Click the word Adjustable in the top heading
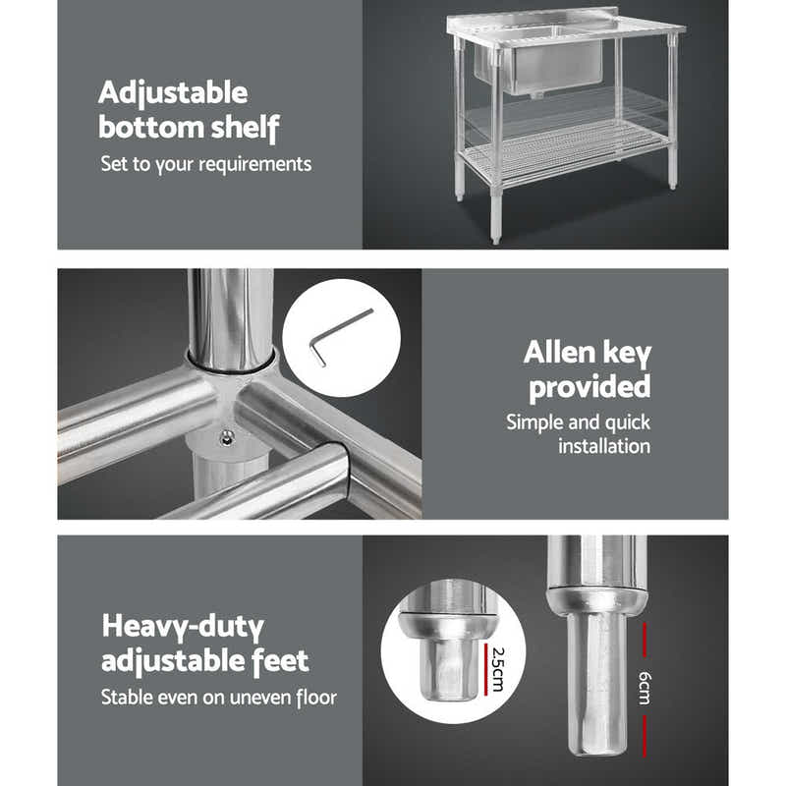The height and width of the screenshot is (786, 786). [x=173, y=94]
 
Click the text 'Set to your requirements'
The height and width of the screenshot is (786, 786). [x=205, y=163]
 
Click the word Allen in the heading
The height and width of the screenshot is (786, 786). [x=562, y=353]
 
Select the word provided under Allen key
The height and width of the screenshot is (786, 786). [x=589, y=386]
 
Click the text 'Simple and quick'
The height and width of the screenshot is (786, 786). [x=578, y=422]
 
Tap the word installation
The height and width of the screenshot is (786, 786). [x=603, y=446]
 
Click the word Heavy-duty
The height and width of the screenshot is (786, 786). [x=184, y=626]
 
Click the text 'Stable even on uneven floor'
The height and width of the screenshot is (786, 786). [x=218, y=698]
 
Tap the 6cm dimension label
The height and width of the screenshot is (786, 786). [x=645, y=687]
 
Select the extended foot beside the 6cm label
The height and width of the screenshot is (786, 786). [x=596, y=678]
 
